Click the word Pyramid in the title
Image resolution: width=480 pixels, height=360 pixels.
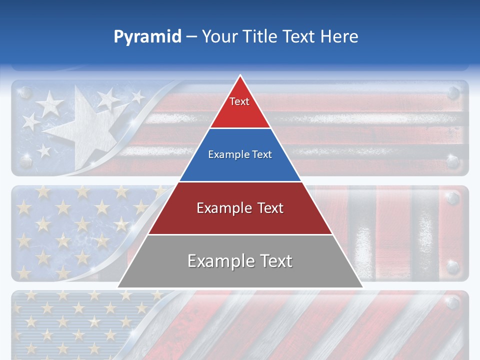click(147, 36)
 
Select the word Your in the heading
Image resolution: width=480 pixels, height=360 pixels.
click(219, 36)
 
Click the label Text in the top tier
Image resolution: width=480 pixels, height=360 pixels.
click(239, 101)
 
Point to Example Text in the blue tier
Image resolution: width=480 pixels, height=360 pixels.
click(240, 154)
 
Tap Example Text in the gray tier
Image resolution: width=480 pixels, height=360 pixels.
click(240, 261)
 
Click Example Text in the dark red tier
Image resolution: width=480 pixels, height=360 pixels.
click(240, 208)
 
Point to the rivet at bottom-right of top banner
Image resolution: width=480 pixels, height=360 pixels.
click(453, 161)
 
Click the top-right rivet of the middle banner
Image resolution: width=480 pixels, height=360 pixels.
click(453, 198)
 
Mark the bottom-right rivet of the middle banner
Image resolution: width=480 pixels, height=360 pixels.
click(453, 266)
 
